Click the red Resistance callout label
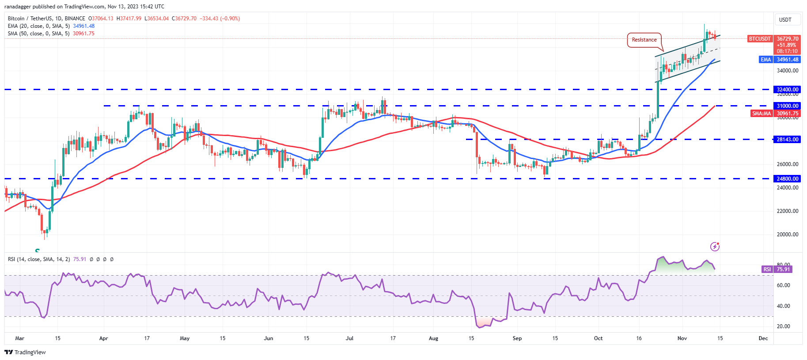(x=644, y=40)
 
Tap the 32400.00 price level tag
(x=788, y=90)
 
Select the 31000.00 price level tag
(x=788, y=106)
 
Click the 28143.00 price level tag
(x=788, y=140)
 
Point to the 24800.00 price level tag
(x=788, y=179)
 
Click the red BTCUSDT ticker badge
(x=760, y=39)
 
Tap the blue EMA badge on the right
(x=765, y=60)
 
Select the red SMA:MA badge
(x=762, y=114)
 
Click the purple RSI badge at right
(x=767, y=269)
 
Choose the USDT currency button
(x=785, y=20)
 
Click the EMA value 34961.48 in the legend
(x=83, y=26)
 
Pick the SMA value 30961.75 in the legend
(x=83, y=34)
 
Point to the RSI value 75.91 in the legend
(x=80, y=259)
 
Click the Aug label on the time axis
(x=433, y=338)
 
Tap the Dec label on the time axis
(x=763, y=338)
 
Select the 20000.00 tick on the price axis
(x=788, y=235)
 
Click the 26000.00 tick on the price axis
(x=788, y=164)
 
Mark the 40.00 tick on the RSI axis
(x=783, y=306)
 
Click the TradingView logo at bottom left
(x=25, y=352)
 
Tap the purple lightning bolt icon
(x=715, y=246)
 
